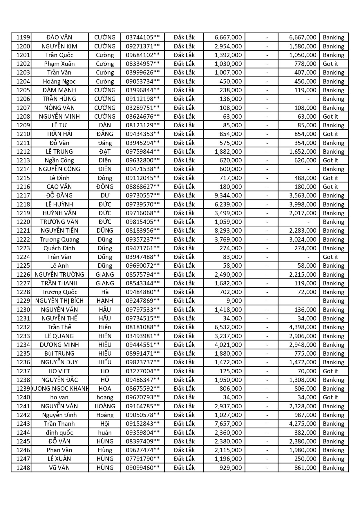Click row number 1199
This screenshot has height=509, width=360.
pyautogui.click(x=23, y=37)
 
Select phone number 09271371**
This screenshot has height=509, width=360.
pyautogui.click(x=142, y=46)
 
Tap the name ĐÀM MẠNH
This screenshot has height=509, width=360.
pyautogui.click(x=59, y=90)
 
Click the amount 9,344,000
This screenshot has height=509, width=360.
pyautogui.click(x=228, y=195)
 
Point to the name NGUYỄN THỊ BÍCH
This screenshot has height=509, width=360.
pyautogui.click(x=59, y=301)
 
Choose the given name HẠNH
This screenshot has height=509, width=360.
pyautogui.click(x=105, y=301)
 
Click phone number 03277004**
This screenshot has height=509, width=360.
pyautogui.click(x=142, y=371)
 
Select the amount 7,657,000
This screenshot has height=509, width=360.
pyautogui.click(x=228, y=424)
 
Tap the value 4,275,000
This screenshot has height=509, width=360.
pyautogui.click(x=303, y=424)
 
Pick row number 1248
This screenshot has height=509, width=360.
pyautogui.click(x=23, y=468)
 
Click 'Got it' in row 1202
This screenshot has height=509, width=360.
pyautogui.click(x=330, y=64)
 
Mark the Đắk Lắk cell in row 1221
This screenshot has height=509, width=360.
pyautogui.click(x=184, y=231)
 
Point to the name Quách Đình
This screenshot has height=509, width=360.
pyautogui.click(x=59, y=248)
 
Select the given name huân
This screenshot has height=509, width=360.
pyautogui.click(x=105, y=433)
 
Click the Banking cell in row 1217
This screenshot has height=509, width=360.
pyautogui.click(x=333, y=195)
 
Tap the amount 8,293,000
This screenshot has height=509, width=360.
pyautogui.click(x=228, y=231)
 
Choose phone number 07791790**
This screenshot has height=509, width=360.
pyautogui.click(x=142, y=459)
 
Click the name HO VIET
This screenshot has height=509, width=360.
pyautogui.click(x=59, y=371)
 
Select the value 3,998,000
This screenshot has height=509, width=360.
pyautogui.click(x=303, y=204)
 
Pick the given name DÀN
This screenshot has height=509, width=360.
pyautogui.click(x=105, y=125)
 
